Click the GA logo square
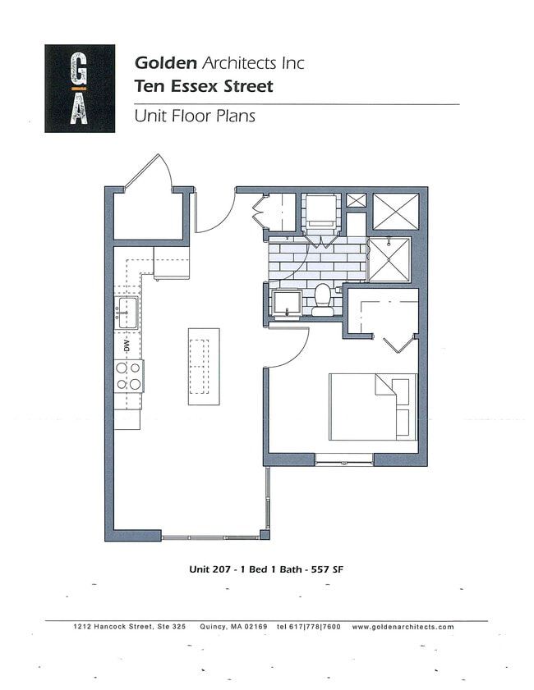point(80,89)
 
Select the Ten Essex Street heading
point(204,85)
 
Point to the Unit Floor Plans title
point(195,116)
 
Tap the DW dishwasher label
point(127,344)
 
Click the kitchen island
point(204,365)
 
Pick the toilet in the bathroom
point(323,299)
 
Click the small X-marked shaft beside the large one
point(356,200)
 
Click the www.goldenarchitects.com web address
point(403,627)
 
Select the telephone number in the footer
point(309,627)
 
